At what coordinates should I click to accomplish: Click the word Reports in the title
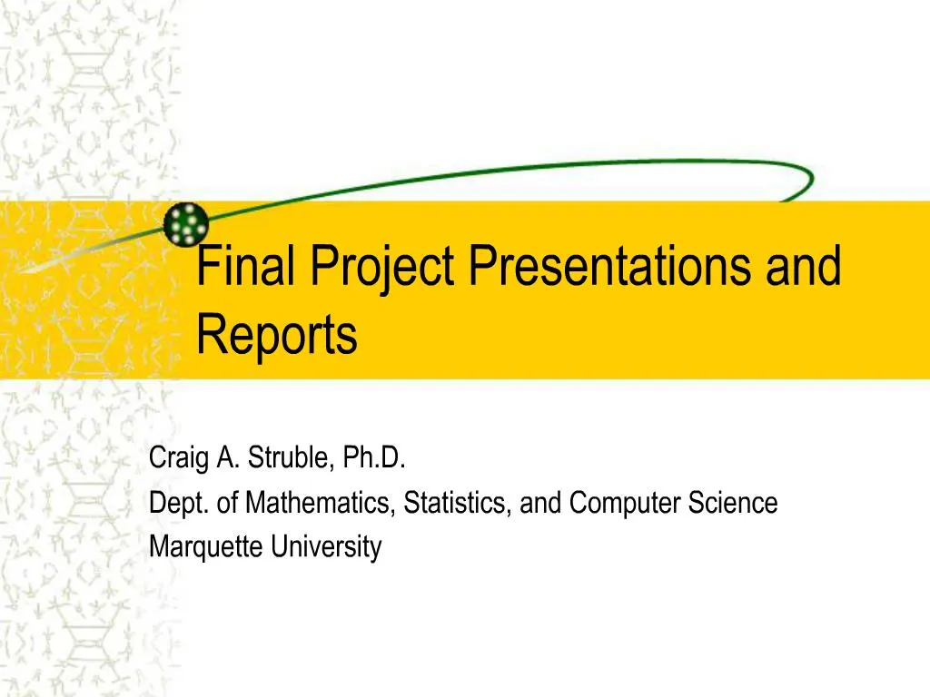277,335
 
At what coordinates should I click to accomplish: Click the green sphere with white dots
186,223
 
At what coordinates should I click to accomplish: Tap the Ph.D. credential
374,458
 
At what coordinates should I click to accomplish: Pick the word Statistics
460,502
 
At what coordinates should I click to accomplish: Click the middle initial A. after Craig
227,458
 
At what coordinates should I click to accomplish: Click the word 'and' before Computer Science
541,502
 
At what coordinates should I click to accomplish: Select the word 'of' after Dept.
230,502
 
